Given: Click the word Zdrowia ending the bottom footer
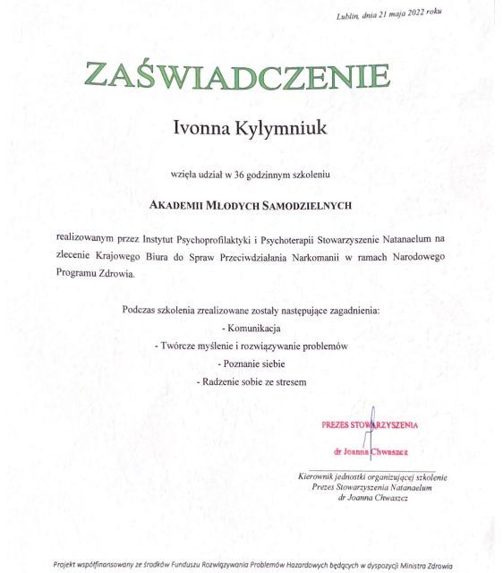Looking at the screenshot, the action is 437,565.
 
